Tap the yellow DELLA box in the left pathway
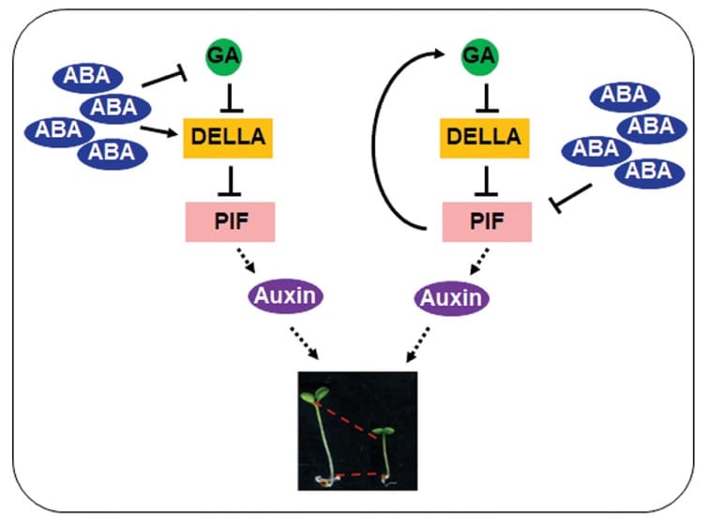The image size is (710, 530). [x=223, y=136]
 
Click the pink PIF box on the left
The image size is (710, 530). [x=229, y=221]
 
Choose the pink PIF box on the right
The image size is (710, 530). [x=486, y=221]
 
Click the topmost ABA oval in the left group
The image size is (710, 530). [x=95, y=77]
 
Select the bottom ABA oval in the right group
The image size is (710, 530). [x=649, y=171]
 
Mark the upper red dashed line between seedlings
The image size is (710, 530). [x=349, y=418]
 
